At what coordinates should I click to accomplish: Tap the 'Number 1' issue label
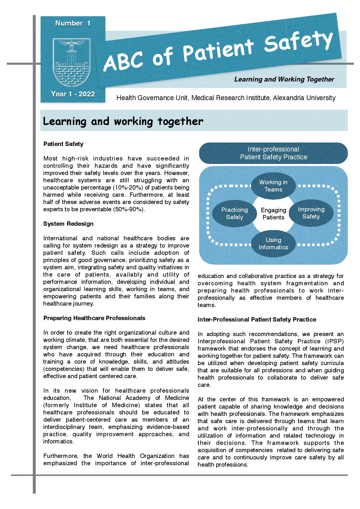click(x=73, y=23)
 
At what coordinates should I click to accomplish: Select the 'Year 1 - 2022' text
click(x=73, y=94)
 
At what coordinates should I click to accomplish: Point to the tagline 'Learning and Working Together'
click(x=284, y=79)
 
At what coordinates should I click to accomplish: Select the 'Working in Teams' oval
click(x=273, y=186)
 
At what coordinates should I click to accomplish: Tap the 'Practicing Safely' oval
click(x=234, y=213)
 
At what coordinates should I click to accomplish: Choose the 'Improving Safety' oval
click(x=311, y=213)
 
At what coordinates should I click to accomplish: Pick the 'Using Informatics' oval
click(x=273, y=243)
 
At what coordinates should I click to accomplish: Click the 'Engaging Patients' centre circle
click(x=273, y=214)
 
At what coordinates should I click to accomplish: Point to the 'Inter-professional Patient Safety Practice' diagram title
click(x=273, y=153)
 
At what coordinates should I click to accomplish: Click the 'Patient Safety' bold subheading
click(x=63, y=144)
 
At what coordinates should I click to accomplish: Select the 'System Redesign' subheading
click(x=68, y=224)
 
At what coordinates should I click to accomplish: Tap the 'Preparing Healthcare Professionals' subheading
click(x=94, y=318)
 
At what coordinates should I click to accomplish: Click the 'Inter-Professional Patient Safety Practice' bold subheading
click(x=257, y=320)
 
